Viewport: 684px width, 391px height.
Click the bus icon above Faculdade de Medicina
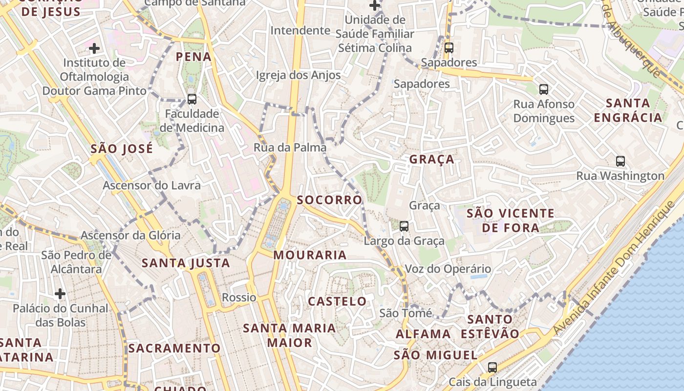192,99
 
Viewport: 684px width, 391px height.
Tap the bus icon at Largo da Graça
404,226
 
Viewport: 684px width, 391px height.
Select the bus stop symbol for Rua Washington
620,161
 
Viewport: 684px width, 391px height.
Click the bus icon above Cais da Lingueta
492,368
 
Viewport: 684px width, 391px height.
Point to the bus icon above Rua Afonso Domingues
544,89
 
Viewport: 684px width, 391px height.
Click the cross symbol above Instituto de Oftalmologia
94,48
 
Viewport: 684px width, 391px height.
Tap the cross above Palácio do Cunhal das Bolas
60,294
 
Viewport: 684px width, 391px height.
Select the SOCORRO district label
330,200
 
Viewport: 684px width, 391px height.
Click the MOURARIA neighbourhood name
310,255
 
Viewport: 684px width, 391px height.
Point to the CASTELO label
337,301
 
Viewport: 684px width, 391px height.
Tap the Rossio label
239,297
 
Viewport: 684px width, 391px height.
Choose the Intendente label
300,30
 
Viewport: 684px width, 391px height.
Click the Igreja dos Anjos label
298,75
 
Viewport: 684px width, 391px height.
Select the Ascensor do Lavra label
151,186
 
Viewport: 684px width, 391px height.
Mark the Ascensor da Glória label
130,235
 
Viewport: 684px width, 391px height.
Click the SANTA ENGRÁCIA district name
628,110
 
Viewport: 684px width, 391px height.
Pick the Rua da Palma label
290,147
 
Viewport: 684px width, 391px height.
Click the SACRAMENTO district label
174,348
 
